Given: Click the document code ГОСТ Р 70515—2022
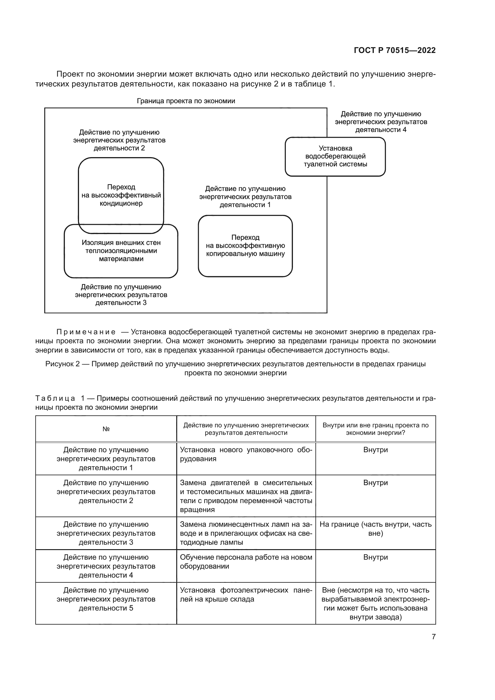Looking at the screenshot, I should point(394,50).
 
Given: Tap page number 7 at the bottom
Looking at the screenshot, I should point(433,637).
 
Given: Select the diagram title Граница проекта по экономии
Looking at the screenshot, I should point(186,101).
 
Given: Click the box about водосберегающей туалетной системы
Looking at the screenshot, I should point(335,157).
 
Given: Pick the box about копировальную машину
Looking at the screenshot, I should point(245,246).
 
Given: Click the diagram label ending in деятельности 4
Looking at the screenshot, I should point(381,122).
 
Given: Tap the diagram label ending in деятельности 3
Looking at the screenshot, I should point(121,295).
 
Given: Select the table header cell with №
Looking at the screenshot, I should point(106,429).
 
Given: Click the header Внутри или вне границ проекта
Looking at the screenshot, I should point(375,429).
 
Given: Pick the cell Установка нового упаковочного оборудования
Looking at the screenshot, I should point(246,454).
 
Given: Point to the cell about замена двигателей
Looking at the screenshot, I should point(246,496).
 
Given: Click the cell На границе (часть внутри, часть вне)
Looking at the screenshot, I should point(375,529).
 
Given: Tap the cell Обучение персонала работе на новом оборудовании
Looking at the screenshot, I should point(246,561).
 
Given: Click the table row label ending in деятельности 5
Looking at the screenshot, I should point(106,599).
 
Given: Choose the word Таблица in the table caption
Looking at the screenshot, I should point(55,398).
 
